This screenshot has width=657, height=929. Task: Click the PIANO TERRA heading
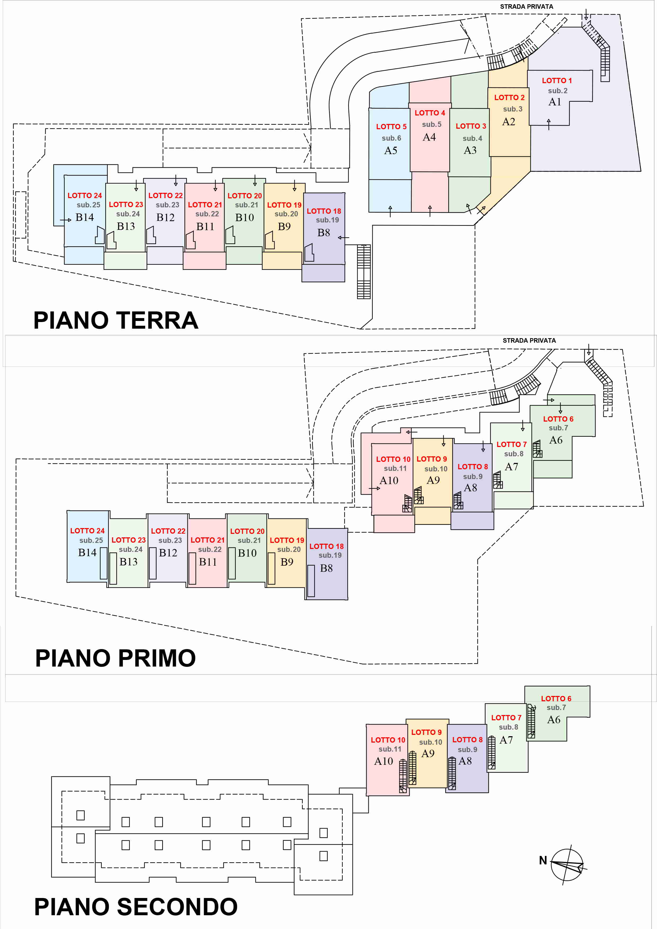tap(116, 320)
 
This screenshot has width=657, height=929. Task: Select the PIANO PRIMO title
tap(115, 658)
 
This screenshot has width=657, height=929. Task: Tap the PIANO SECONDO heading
tap(136, 907)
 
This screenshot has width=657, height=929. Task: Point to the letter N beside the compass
tap(543, 860)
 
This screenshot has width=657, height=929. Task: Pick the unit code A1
tap(554, 102)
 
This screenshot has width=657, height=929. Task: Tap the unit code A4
tap(429, 137)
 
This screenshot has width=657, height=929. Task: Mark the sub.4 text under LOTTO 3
tap(472, 139)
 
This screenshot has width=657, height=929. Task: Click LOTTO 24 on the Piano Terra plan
tap(85, 195)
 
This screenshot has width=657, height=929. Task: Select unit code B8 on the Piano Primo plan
tap(326, 568)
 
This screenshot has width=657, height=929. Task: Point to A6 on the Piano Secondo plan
tap(553, 720)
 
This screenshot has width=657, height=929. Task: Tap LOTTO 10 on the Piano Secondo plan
tap(388, 740)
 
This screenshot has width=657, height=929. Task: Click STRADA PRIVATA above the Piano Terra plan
tap(526, 6)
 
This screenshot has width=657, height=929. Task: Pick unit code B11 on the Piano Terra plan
tap(205, 227)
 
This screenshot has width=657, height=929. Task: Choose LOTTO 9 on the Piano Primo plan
tap(432, 459)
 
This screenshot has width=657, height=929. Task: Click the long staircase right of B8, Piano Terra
tap(363, 271)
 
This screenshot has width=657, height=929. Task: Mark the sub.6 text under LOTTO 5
tap(392, 138)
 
